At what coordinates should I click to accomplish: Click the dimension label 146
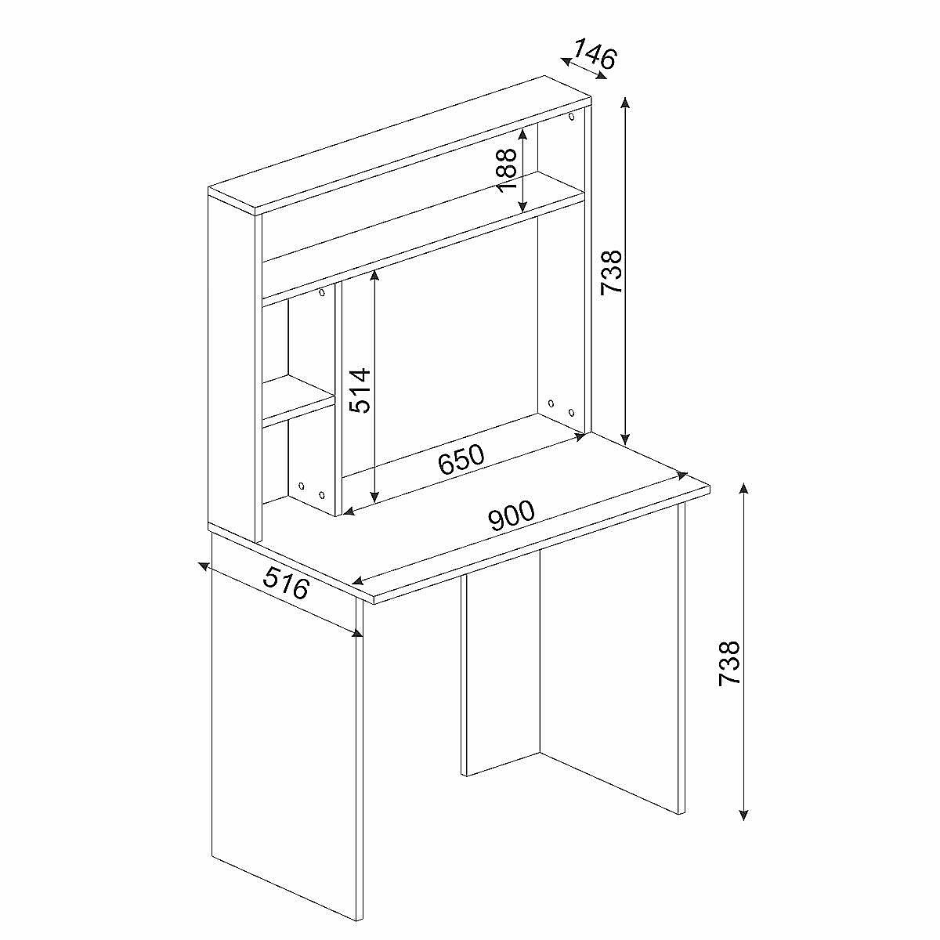click(594, 54)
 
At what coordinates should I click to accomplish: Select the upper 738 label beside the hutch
click(611, 272)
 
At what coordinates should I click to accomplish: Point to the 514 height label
click(361, 391)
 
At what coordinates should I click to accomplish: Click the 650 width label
click(461, 459)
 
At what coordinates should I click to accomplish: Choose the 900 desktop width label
click(512, 515)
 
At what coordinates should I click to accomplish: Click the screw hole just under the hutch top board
click(571, 117)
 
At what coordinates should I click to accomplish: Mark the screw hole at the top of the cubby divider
click(321, 293)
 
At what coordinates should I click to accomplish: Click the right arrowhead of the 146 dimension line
click(602, 75)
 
